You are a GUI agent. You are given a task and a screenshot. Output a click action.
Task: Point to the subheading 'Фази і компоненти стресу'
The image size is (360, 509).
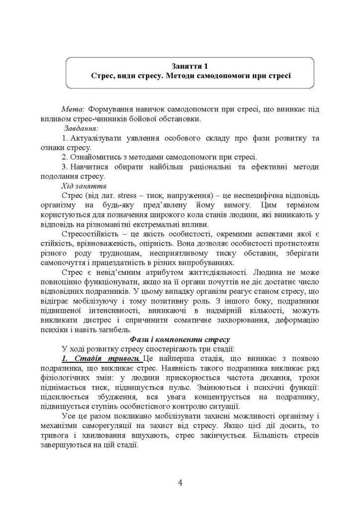[180, 339]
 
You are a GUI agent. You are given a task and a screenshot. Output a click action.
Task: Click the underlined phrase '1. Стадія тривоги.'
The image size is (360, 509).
[95, 358]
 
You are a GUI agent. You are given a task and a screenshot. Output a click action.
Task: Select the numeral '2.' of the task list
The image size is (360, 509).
[65, 157]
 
